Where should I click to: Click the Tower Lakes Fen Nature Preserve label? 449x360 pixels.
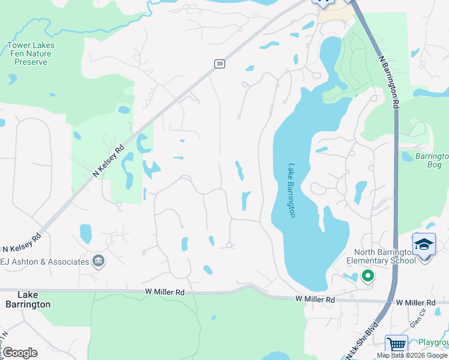click(31, 53)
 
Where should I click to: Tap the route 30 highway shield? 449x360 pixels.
click(220, 64)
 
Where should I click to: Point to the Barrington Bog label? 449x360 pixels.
click(429, 160)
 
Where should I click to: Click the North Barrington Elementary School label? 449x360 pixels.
click(384, 256)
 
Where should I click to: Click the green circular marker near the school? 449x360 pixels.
click(367, 276)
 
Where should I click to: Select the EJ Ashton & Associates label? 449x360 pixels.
click(44, 261)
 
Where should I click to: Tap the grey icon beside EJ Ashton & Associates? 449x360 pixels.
click(98, 261)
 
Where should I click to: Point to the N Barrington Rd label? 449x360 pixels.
click(388, 82)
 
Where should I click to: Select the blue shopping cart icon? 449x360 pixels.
click(396, 345)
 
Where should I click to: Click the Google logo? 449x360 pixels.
click(20, 353)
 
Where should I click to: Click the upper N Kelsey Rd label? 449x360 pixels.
click(109, 161)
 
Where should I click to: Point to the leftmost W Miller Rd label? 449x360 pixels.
click(164, 292)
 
